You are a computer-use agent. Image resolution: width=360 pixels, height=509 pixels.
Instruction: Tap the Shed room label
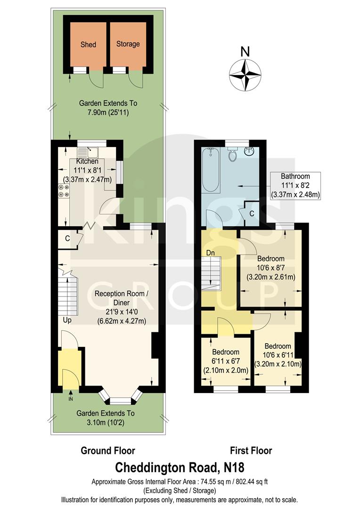coord(88,44)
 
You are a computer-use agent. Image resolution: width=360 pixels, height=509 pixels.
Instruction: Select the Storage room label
coord(128,44)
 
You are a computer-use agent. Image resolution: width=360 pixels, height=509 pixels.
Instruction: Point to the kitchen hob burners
coord(63,190)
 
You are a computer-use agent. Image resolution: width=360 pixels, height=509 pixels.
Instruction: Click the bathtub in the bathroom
coord(211,170)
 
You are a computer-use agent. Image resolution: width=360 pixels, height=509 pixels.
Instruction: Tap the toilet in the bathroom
coord(232,155)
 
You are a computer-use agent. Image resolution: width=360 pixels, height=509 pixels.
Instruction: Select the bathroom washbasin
coord(250,152)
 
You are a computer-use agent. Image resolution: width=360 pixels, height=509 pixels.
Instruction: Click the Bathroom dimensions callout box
coord(295,186)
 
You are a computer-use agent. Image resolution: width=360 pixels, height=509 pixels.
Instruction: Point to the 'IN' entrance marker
coord(70,399)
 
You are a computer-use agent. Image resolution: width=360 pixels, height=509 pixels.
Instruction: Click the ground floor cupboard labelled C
coord(67,238)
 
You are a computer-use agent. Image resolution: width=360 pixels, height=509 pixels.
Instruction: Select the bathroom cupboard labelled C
coord(252,213)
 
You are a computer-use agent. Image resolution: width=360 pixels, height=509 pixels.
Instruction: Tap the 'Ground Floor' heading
coord(108,451)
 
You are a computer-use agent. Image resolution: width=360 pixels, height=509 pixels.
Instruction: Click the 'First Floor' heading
coord(251,451)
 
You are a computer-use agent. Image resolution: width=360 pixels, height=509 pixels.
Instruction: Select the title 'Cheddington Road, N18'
coord(180,468)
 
